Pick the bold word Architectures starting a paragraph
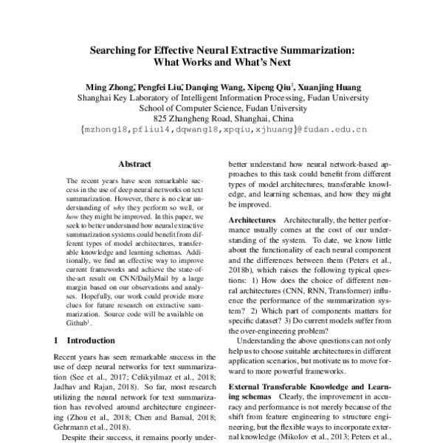click(x=251, y=222)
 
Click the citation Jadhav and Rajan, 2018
click(x=92, y=385)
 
